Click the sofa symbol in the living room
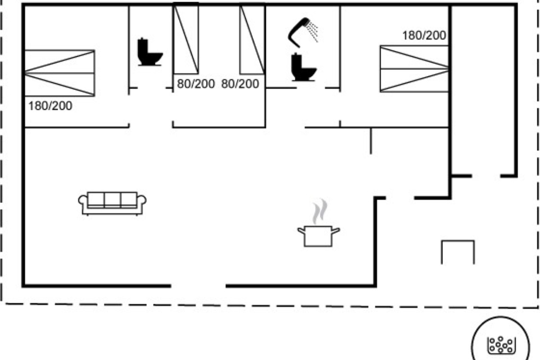click(x=112, y=203)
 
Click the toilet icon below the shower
click(x=303, y=67)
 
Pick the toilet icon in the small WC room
click(x=150, y=52)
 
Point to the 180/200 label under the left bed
click(x=50, y=106)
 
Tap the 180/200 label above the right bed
click(x=424, y=36)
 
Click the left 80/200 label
click(x=196, y=84)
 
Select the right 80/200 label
click(x=240, y=84)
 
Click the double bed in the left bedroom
click(x=59, y=73)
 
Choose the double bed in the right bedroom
click(x=414, y=69)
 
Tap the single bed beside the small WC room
click(x=186, y=39)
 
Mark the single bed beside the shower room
click(x=252, y=39)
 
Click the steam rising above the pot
click(x=320, y=211)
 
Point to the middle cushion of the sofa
click(x=112, y=200)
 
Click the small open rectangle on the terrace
click(x=458, y=241)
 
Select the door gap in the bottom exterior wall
click(x=198, y=286)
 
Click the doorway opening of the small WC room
click(x=151, y=88)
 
